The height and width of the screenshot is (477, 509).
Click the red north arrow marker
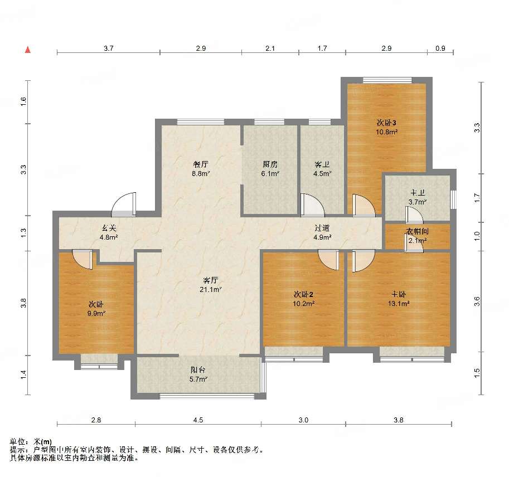[x=28, y=50]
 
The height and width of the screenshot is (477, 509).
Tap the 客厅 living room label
[x=210, y=280]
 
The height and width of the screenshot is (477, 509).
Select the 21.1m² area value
[x=210, y=289]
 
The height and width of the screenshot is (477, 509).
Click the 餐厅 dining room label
[x=200, y=164]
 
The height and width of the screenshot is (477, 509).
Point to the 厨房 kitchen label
[x=270, y=164]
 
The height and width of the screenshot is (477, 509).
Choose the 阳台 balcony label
[x=198, y=369]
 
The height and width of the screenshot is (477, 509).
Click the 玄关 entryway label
[x=108, y=228]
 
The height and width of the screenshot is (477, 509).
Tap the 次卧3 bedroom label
[x=386, y=123]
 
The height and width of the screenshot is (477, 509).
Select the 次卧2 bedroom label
[x=303, y=294]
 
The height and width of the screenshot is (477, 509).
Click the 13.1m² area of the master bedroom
[x=398, y=303]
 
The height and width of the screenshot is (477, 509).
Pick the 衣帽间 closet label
[x=418, y=231]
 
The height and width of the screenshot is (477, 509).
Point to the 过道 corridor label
[x=322, y=228]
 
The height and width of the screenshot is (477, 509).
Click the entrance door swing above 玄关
[x=124, y=205]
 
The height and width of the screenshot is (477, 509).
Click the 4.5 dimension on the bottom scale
[x=198, y=420]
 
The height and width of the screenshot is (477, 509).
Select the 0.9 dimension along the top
[x=440, y=48]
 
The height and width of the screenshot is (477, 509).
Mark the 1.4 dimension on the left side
[x=23, y=375]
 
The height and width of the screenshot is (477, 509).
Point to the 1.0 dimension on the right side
[x=477, y=236]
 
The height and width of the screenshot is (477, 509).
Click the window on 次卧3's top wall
[x=387, y=80]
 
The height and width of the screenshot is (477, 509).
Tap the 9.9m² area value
[x=96, y=314]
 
